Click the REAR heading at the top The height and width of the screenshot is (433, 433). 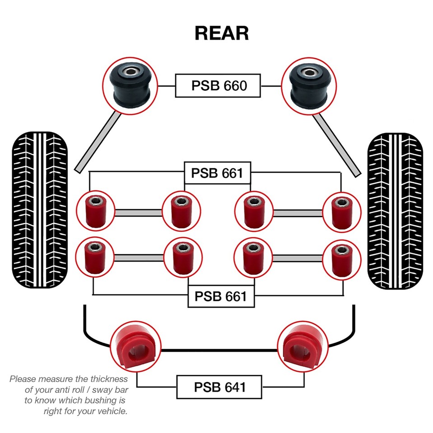(x=221, y=33)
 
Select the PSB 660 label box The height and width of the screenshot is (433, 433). (x=218, y=85)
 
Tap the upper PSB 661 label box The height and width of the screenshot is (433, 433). (x=217, y=173)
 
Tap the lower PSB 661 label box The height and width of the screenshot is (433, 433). (x=220, y=296)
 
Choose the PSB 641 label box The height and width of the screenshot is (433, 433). (x=219, y=387)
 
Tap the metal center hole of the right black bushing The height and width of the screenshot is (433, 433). (x=309, y=72)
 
